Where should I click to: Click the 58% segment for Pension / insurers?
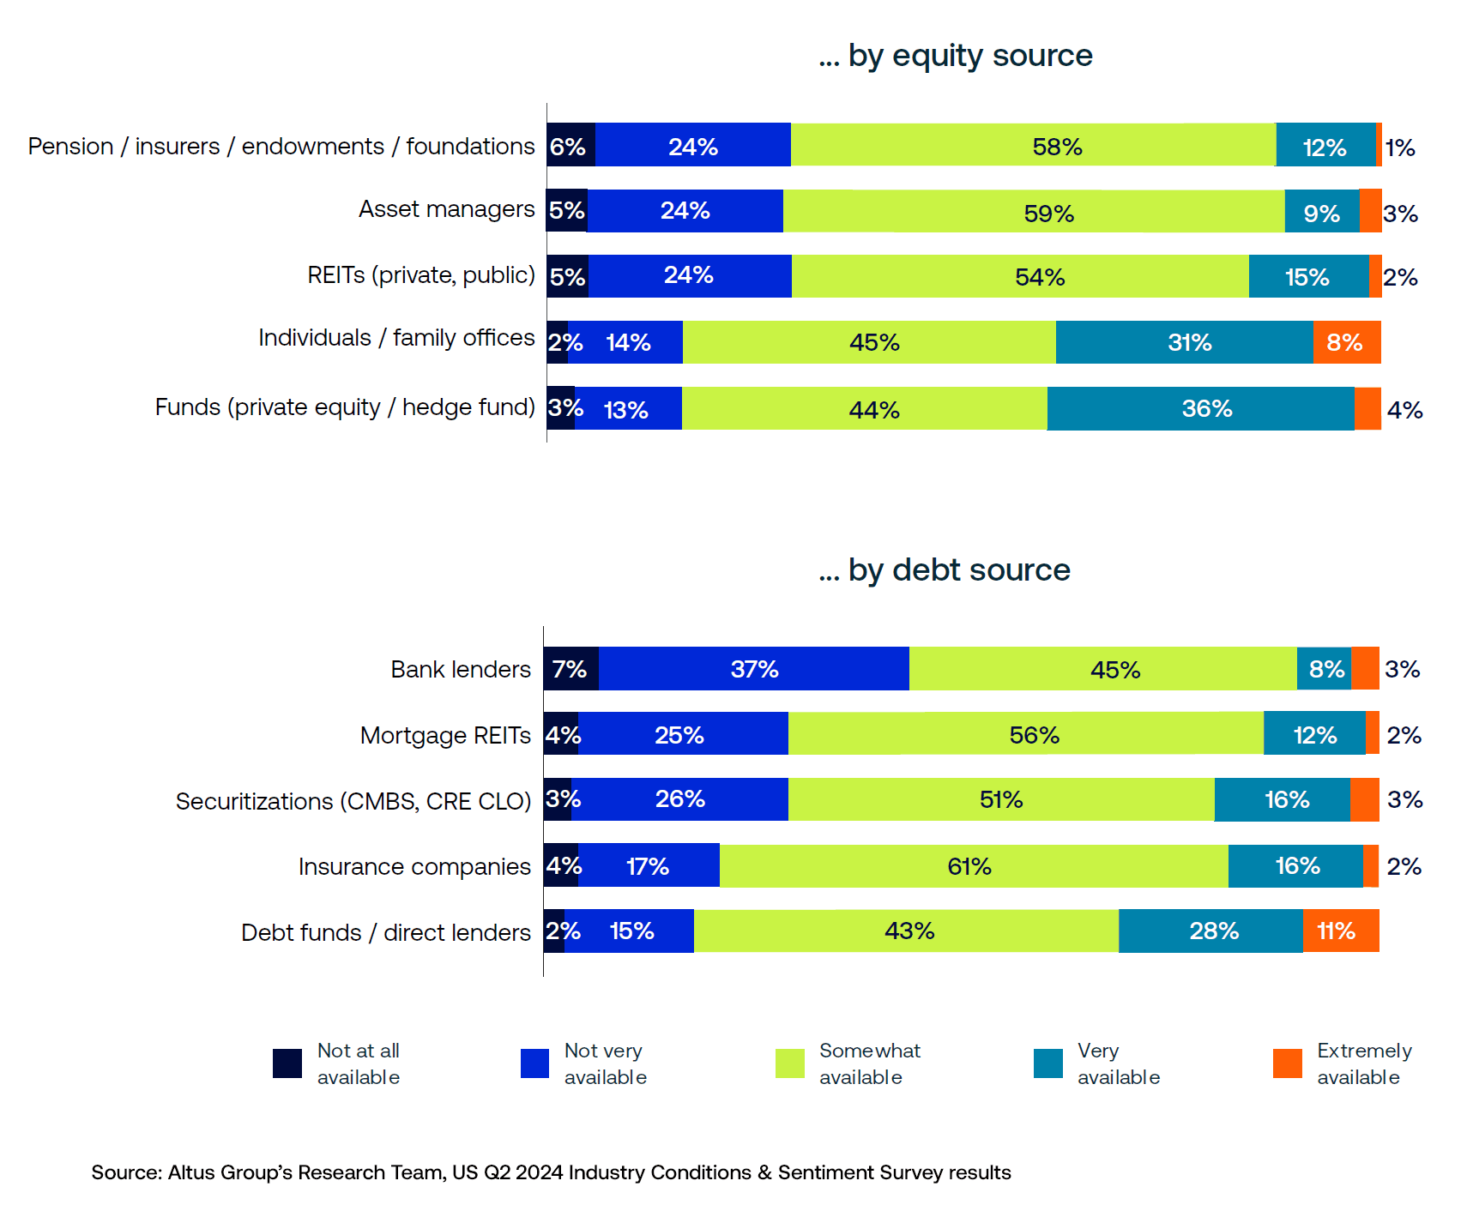1033,145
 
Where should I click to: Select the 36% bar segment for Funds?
1200,408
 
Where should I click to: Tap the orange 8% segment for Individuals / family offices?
1346,342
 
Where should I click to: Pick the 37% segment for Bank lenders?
753,669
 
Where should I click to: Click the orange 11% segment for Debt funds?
1340,931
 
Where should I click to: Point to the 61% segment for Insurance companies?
973,866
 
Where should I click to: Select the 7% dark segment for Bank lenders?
571,669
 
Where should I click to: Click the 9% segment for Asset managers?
1321,211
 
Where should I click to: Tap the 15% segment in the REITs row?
1307,276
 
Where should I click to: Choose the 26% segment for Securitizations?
679,799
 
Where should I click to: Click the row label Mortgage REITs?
445,736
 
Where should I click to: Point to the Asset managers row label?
446,209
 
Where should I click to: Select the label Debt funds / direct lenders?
386,932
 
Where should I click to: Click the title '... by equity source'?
955,56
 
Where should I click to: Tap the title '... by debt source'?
944,570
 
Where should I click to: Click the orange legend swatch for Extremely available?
1287,1063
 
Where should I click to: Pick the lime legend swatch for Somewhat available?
789,1063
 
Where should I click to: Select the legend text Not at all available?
358,1063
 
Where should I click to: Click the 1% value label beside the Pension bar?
1400,148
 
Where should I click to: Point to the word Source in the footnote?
125,1172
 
